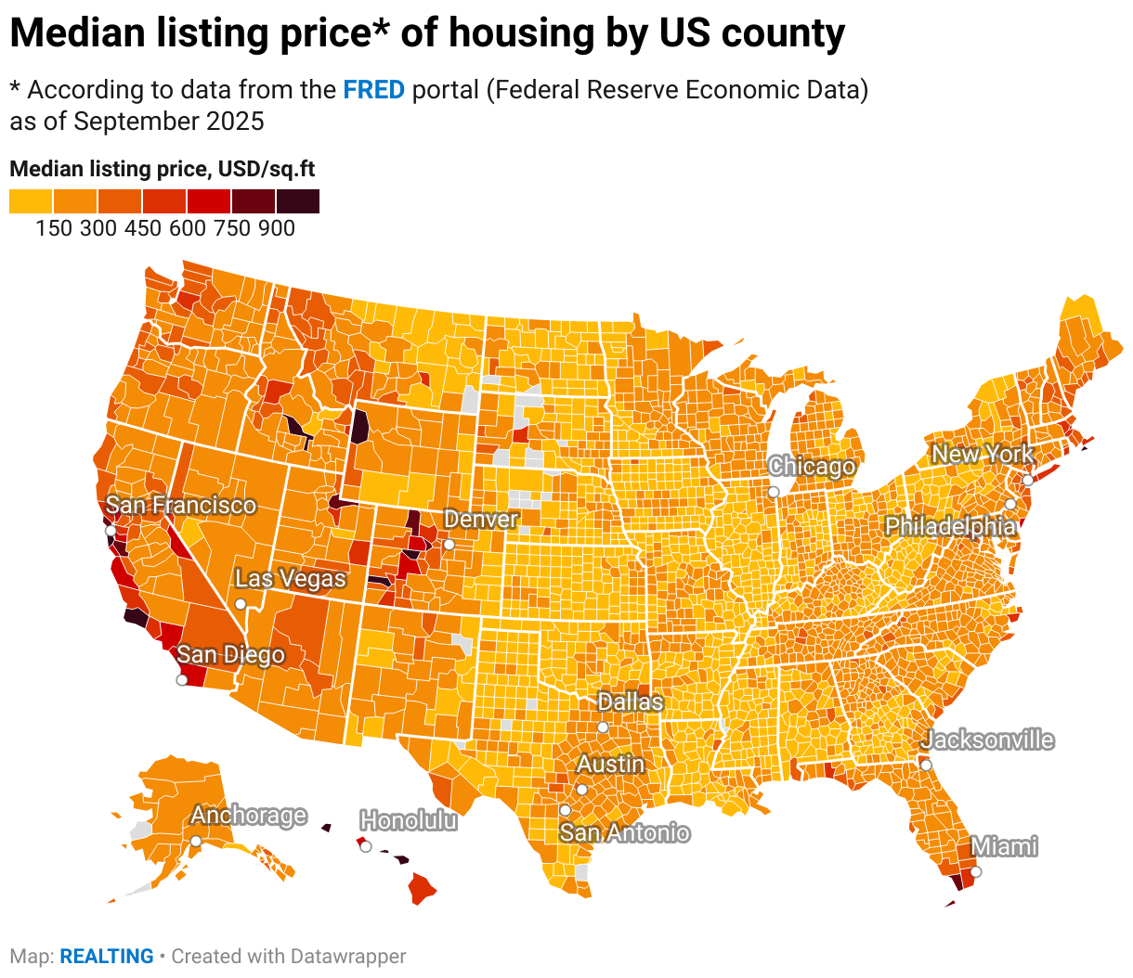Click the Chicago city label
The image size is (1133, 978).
point(811,466)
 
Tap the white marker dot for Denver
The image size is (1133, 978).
point(449,544)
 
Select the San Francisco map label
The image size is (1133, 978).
point(180,505)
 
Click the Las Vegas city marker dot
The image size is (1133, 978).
point(241,603)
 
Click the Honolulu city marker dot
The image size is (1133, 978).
point(366,846)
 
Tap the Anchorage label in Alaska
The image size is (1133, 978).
point(248,815)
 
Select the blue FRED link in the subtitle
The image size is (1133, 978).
point(373,90)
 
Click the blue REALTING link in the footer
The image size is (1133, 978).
point(107,956)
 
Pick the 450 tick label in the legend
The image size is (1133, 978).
point(143,228)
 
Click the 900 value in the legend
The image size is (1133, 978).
point(277,228)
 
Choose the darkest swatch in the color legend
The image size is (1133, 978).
point(298,200)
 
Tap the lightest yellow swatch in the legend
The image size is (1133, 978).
point(31,200)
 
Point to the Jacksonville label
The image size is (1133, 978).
point(987,740)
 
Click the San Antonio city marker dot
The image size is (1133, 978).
point(565,810)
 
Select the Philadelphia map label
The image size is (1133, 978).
point(949,526)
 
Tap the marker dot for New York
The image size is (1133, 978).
point(1028,480)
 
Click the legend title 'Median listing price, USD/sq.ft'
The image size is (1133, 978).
point(163,169)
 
